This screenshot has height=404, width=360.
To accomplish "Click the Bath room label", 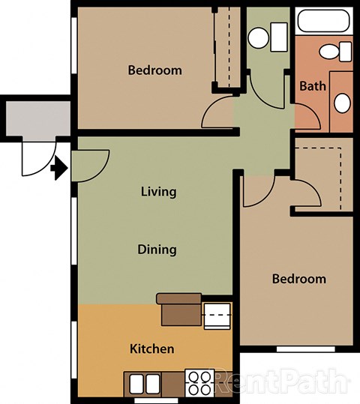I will (x=313, y=86).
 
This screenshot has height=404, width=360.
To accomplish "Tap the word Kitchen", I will (x=152, y=349).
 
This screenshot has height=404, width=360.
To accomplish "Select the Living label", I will (x=158, y=191).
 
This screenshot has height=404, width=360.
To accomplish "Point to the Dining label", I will (x=157, y=250).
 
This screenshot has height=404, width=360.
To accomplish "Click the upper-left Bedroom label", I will (x=154, y=70).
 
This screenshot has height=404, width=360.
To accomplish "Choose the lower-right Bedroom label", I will (x=298, y=279).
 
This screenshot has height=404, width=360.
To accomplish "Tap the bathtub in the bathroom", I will (x=323, y=22).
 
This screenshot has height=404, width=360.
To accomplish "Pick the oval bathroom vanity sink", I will (x=341, y=103).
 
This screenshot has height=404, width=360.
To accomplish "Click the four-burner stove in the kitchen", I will (x=199, y=383).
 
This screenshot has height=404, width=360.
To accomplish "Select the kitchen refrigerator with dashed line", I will (x=217, y=315).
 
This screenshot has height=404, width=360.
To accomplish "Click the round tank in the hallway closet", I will (x=259, y=36).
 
